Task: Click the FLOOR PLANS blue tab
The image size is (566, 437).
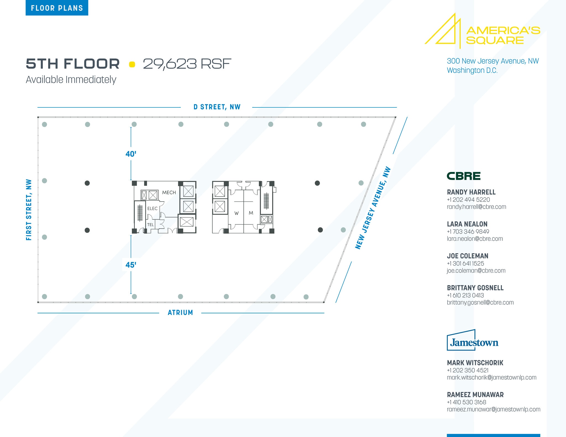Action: (x=57, y=8)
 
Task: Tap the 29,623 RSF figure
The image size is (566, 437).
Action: (x=187, y=64)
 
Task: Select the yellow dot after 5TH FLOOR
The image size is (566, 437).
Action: (x=132, y=64)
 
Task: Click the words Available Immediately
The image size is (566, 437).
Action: (x=71, y=80)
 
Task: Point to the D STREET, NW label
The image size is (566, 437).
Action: (x=217, y=107)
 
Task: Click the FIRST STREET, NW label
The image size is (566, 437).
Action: (x=29, y=210)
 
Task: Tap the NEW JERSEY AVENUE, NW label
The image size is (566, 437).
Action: (x=373, y=208)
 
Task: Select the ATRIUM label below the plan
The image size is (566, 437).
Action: (x=180, y=312)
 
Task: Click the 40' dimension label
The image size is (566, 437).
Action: (x=131, y=154)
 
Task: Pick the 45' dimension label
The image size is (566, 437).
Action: (x=131, y=265)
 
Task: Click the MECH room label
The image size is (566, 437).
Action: (x=169, y=192)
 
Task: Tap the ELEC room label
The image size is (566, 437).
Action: (x=152, y=208)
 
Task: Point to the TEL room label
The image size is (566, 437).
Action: (x=150, y=225)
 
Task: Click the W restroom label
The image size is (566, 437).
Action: (x=237, y=213)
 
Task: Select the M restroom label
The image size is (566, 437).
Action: (x=251, y=213)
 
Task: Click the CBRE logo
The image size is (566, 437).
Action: (x=464, y=176)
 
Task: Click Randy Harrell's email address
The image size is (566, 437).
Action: (x=476, y=207)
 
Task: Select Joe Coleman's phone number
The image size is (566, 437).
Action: (x=465, y=263)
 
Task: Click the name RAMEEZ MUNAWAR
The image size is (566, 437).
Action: (x=475, y=394)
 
